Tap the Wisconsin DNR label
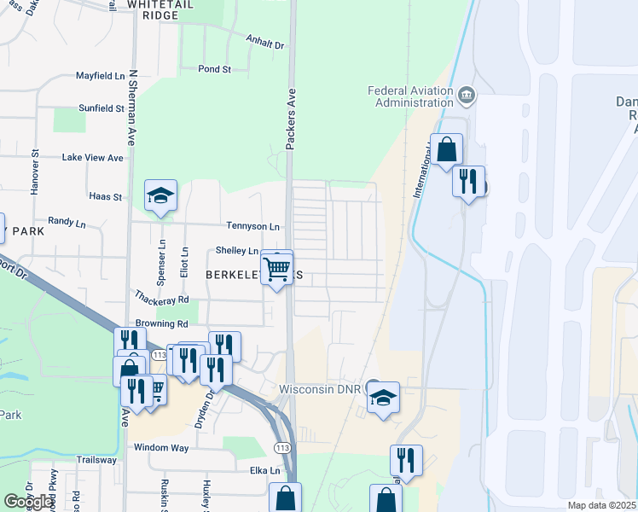tap(321, 389)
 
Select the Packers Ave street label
tap(291, 119)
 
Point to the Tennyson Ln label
tap(252, 226)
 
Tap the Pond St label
tap(214, 69)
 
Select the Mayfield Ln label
tap(100, 75)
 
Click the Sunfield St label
tap(101, 108)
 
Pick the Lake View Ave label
tap(93, 158)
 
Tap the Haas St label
tap(106, 196)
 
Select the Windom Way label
tap(160, 447)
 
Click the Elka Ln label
tap(264, 470)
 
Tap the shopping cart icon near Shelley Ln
tap(277, 268)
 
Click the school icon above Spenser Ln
tap(160, 196)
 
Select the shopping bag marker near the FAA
tap(446, 150)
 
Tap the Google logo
tap(29, 502)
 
